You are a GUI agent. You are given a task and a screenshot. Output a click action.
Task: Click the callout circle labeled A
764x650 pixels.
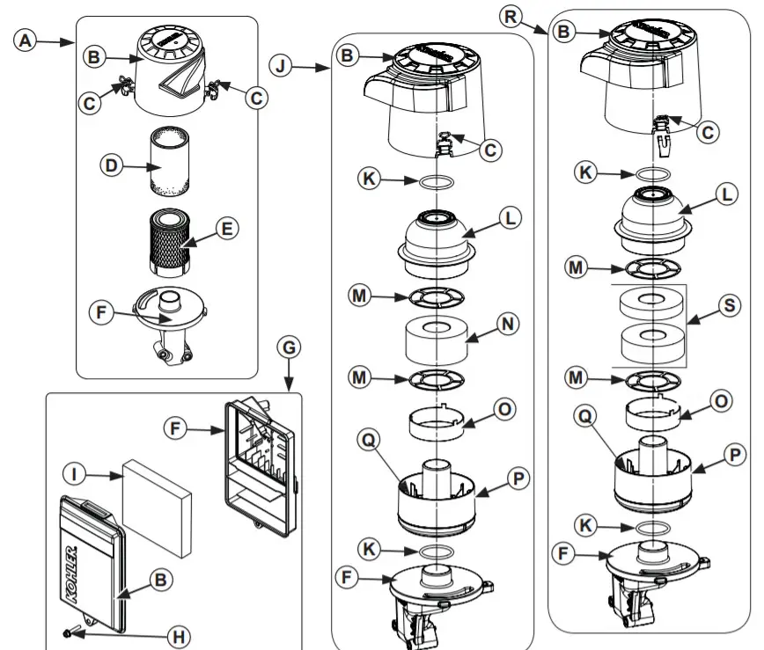pyautogui.click(x=29, y=40)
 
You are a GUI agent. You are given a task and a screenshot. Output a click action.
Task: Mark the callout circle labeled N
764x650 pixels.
pyautogui.click(x=506, y=325)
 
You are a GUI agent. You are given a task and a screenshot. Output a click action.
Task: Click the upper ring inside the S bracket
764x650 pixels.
pyautogui.click(x=652, y=303)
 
